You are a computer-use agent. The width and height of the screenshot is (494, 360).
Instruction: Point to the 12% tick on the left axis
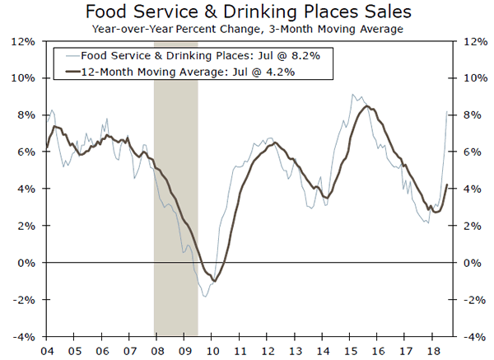22,41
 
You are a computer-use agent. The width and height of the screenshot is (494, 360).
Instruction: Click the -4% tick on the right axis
476,336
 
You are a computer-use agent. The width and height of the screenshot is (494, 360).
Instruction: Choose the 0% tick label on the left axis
25,263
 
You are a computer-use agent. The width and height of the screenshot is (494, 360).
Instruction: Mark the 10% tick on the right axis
476,78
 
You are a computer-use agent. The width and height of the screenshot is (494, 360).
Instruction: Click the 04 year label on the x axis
46,349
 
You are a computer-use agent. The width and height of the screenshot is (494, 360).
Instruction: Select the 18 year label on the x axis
434,349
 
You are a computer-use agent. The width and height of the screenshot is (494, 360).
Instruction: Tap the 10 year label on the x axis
212,349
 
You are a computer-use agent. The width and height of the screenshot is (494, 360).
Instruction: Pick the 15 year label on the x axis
351,349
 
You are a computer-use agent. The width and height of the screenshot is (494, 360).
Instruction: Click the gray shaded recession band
175,206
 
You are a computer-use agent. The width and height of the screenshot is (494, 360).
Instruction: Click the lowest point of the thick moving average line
215,282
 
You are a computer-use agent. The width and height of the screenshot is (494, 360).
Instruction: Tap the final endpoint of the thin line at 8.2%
447,111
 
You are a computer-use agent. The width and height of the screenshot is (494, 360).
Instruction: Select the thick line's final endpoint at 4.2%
447,185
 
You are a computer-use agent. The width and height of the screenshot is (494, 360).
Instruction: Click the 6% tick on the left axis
25,152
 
